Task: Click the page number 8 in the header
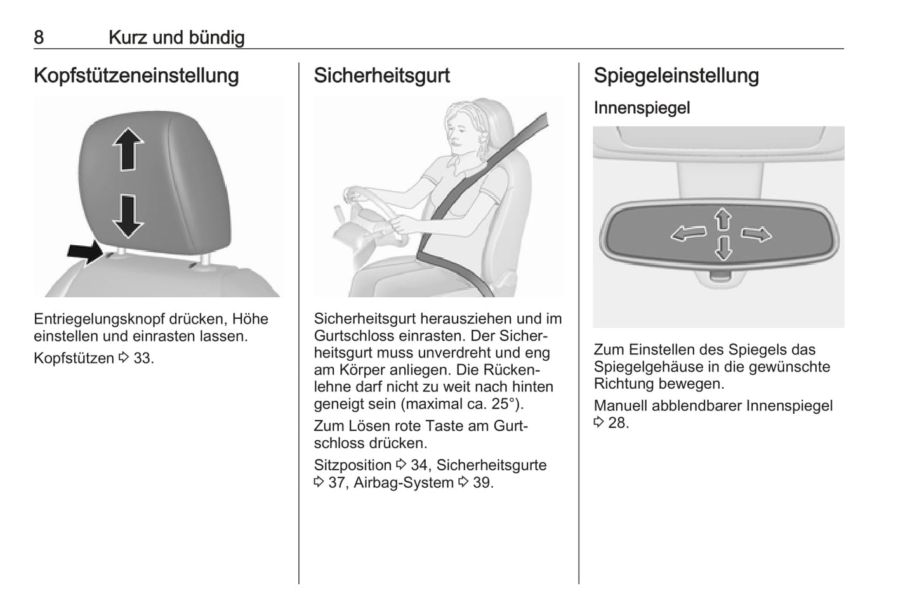(39, 37)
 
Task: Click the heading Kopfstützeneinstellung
(136, 76)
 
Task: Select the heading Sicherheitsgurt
(381, 76)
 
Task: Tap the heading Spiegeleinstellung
(676, 76)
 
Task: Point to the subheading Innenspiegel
(642, 108)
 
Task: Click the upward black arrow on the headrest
(128, 149)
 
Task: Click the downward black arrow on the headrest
(128, 217)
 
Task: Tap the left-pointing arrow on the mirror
(689, 234)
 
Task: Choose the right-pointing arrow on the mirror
(756, 235)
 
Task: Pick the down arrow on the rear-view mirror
(723, 248)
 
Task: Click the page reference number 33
(143, 358)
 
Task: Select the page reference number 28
(617, 423)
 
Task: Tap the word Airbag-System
(404, 483)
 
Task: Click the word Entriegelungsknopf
(99, 319)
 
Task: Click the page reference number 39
(482, 483)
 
